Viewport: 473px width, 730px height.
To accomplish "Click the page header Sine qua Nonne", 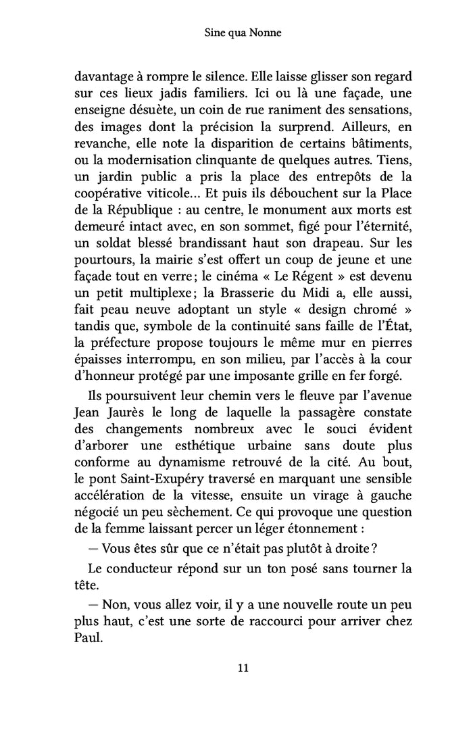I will (x=236, y=32).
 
